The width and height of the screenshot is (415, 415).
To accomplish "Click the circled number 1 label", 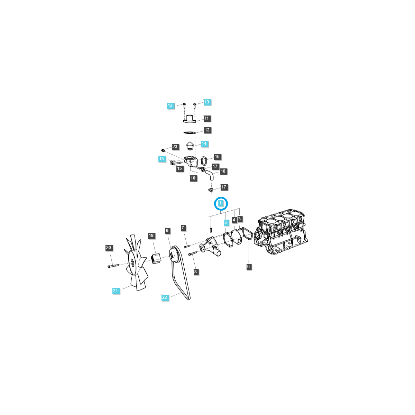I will click(x=221, y=203).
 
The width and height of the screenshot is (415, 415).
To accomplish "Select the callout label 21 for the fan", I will click(x=116, y=291).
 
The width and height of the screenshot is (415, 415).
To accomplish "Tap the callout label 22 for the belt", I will click(x=165, y=297).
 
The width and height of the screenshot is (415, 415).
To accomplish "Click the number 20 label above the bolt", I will click(x=109, y=248).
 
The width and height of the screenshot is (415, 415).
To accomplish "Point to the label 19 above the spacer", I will click(x=151, y=236).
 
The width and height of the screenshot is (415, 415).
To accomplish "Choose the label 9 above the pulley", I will click(x=167, y=231).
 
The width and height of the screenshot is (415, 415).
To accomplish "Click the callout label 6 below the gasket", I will click(x=248, y=267).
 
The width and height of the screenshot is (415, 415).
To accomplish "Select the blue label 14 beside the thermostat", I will click(x=204, y=144).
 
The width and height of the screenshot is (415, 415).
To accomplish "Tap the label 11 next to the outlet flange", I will click(x=207, y=118).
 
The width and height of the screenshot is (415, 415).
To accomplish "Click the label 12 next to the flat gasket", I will click(x=207, y=130).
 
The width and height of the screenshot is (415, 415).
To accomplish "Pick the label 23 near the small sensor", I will click(x=175, y=147).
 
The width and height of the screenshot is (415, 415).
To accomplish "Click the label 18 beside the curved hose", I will click(x=223, y=171).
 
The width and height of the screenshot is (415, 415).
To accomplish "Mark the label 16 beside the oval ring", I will click(x=217, y=157).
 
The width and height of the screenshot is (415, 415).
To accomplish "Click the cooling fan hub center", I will click(x=133, y=263).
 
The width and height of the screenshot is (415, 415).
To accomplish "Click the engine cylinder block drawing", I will click(x=281, y=235).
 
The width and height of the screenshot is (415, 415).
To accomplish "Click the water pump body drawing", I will click(x=211, y=246).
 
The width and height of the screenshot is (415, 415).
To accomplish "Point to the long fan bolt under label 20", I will click(x=113, y=266).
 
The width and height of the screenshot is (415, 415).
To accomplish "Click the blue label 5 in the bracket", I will click(x=226, y=222).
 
